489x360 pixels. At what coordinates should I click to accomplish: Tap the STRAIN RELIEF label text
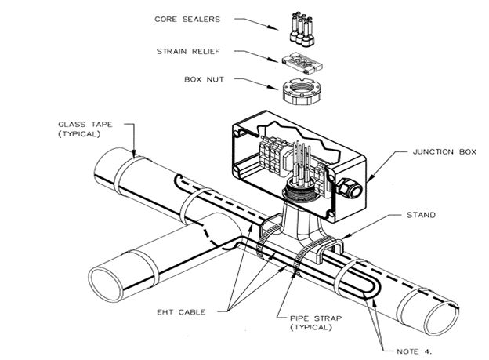(x=189, y=53)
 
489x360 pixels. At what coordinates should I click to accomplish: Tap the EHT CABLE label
(x=192, y=312)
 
